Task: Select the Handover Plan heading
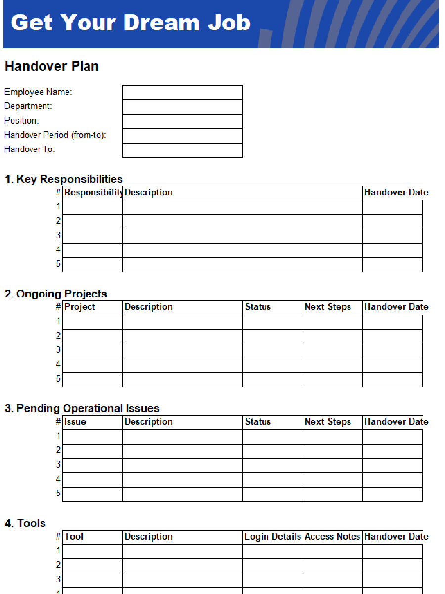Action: pos(52,66)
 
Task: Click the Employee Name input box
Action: pos(182,93)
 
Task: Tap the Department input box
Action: pos(182,107)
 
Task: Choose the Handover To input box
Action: pos(182,150)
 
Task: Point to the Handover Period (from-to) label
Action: pos(55,135)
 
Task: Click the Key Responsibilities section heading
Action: pos(64,179)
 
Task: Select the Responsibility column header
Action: pos(93,193)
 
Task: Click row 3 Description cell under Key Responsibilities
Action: pos(242,236)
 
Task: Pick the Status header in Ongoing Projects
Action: pos(258,307)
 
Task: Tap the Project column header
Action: pos(80,307)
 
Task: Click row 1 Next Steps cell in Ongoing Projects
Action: pos(332,322)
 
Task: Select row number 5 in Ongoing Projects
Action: pos(58,379)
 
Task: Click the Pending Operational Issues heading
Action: pos(82,408)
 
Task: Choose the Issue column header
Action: pos(75,422)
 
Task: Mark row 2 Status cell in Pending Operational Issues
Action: pos(272,451)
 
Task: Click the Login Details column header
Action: pos(273,537)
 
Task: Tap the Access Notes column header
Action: pos(332,537)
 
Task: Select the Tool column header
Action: pos(74,537)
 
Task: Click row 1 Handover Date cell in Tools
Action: pos(393,551)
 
